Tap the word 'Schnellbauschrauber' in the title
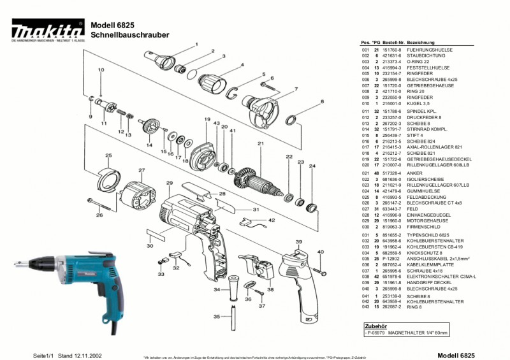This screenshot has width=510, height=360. pyautogui.click(x=130, y=34)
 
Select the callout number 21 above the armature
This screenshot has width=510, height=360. pyautogui.click(x=260, y=143)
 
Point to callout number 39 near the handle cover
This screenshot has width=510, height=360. pyautogui.click(x=298, y=242)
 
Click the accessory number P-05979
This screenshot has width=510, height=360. pyautogui.click(x=375, y=333)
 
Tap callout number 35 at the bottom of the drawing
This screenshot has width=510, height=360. pyautogui.click(x=217, y=316)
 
